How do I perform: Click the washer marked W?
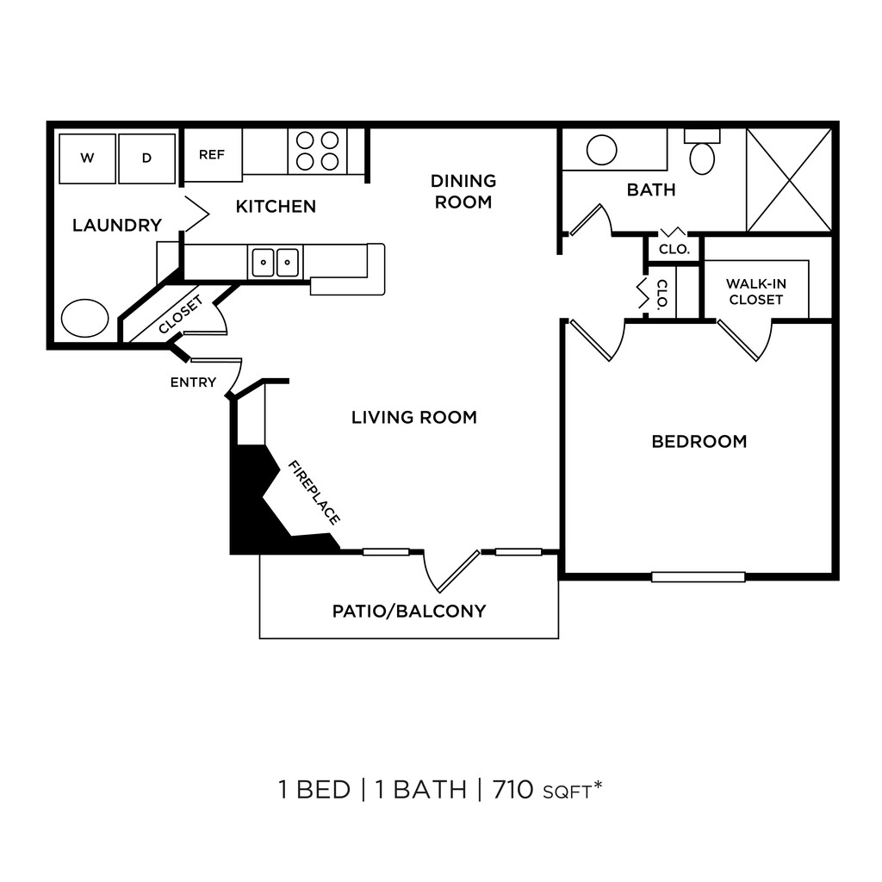point(87,158)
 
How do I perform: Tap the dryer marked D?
point(146,158)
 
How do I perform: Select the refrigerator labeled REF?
point(212,155)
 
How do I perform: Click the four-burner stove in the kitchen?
point(317,151)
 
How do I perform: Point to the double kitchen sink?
point(276,262)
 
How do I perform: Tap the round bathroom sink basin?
point(601,150)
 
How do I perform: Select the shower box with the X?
point(789,179)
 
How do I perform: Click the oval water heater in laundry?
point(85,318)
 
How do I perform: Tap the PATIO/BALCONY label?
point(409,612)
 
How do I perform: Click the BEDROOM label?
point(699,442)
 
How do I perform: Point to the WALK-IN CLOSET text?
point(755,291)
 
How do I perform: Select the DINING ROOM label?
point(463,191)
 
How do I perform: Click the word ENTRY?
point(193,382)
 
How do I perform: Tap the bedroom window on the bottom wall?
point(698,576)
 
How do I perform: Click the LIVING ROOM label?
point(413,418)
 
